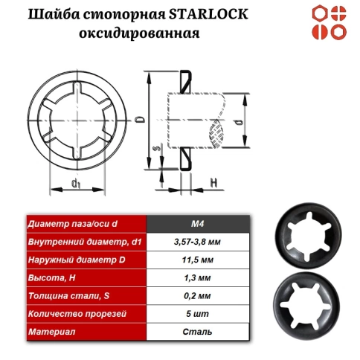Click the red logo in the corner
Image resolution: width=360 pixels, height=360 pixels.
point(328,22)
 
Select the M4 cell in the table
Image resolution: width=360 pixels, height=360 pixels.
point(197,224)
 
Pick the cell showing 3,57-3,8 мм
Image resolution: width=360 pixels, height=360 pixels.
point(197,242)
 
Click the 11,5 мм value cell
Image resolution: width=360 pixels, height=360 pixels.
point(197,260)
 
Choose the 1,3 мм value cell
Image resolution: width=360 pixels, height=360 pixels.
point(197,277)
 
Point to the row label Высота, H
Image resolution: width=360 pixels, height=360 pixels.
point(52,277)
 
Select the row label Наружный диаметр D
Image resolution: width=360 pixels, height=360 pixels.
point(71,260)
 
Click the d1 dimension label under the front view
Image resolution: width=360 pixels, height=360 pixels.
point(75,183)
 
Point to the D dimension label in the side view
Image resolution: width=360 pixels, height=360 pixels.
point(140,118)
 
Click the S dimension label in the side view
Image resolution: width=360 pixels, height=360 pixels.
point(155,150)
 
